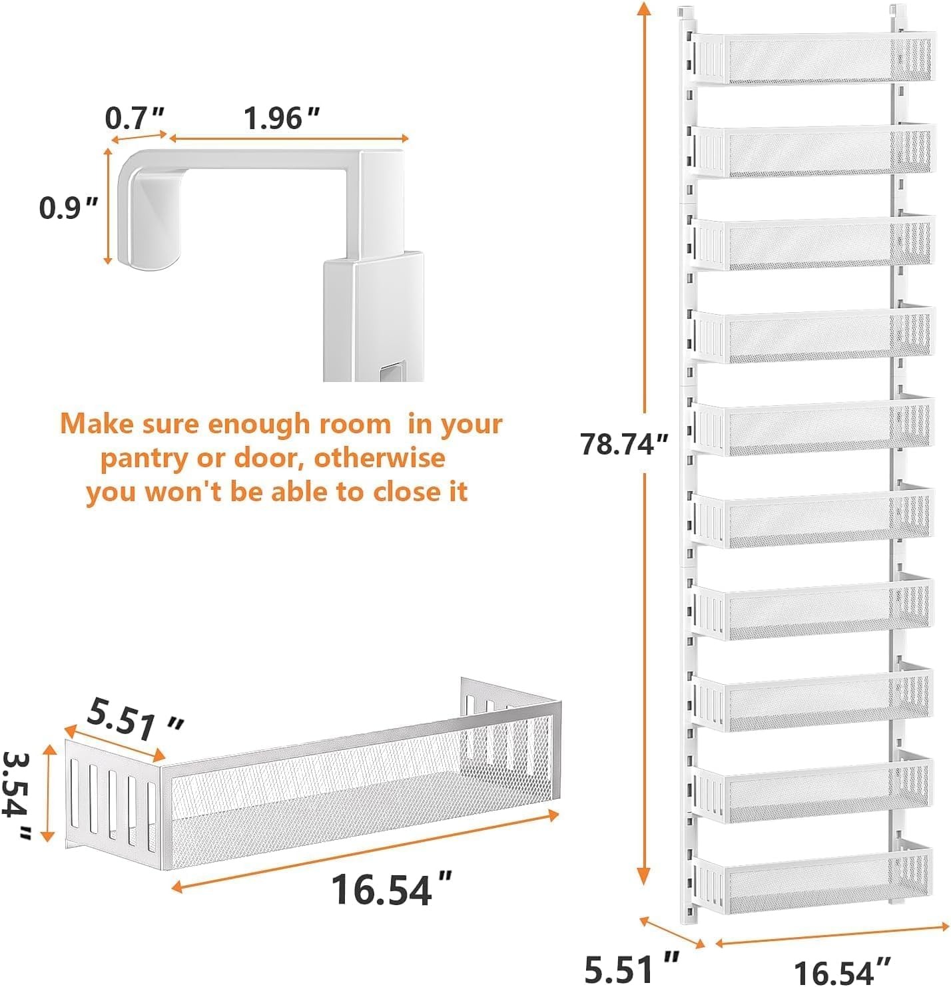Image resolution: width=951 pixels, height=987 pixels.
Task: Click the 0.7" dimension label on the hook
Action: click(x=135, y=118)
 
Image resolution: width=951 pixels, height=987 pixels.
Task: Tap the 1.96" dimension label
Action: click(x=282, y=118)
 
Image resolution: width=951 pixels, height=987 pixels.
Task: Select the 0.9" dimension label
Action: click(x=68, y=208)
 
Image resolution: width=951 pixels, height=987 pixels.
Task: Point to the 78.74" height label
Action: click(x=624, y=444)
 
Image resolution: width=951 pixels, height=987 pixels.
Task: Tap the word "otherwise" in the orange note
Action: click(x=380, y=458)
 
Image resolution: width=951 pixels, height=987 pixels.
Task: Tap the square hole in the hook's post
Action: click(x=390, y=373)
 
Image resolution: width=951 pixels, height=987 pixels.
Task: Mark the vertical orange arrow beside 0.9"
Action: click(x=108, y=206)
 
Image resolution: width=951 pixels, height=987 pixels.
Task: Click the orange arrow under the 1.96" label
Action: click(x=289, y=138)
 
